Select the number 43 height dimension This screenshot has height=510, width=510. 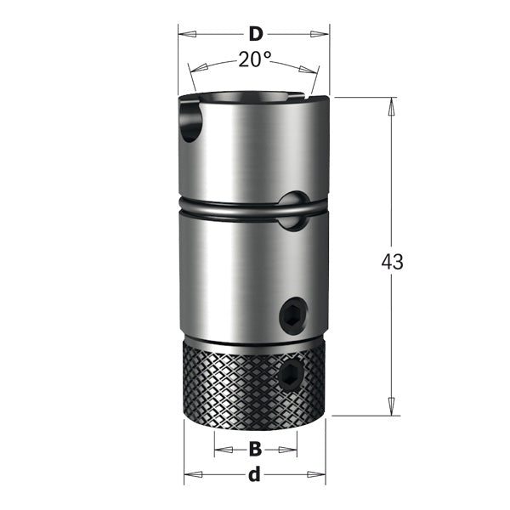click(392, 262)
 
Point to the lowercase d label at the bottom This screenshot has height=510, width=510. click(253, 475)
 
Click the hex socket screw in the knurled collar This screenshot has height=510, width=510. click(292, 375)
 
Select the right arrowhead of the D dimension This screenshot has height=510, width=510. click(321, 35)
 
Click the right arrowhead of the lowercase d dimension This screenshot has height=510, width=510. click(318, 475)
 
